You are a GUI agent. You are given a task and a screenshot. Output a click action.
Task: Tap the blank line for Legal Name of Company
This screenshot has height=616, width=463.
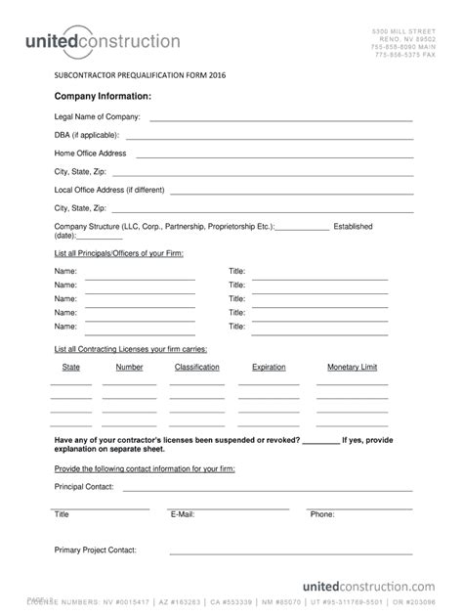click(280, 119)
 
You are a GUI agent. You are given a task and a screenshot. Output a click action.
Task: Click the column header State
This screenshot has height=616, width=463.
click(71, 368)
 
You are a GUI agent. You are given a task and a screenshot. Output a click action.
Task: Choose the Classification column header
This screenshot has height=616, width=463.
click(196, 368)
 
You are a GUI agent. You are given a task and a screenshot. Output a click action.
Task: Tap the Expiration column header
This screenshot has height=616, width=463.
click(269, 368)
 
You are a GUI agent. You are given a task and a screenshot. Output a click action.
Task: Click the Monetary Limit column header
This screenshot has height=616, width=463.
click(352, 368)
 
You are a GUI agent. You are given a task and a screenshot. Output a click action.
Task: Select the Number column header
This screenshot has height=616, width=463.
click(129, 368)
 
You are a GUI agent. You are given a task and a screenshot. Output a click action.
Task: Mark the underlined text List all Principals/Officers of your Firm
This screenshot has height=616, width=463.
click(118, 253)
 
